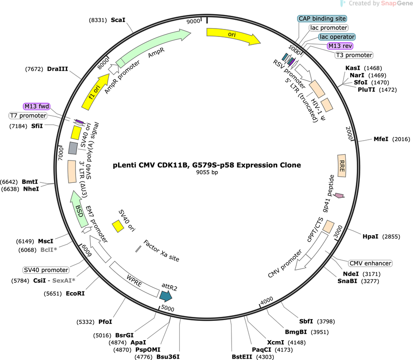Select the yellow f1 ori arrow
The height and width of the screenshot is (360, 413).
click(x=96, y=91)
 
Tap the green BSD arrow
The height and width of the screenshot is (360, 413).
click(x=79, y=210)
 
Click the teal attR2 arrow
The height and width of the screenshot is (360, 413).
click(x=166, y=296)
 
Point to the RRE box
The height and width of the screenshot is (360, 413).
click(x=342, y=166)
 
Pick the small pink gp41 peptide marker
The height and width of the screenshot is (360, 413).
click(x=339, y=196)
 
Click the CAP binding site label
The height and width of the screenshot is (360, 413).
click(x=322, y=18)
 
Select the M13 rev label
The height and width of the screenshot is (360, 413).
click(x=340, y=46)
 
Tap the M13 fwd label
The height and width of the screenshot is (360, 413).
click(x=36, y=106)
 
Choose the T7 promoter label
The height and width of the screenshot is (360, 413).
click(x=28, y=116)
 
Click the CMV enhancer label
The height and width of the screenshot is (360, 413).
click(x=370, y=263)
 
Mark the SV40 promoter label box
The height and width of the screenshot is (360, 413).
click(x=46, y=270)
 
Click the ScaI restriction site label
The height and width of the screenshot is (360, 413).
click(x=118, y=20)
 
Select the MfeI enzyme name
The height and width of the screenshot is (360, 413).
click(x=381, y=139)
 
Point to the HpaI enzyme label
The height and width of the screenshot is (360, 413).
click(x=370, y=236)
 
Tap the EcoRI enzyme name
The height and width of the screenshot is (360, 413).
click(x=75, y=293)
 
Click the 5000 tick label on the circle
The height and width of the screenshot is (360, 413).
click(x=167, y=308)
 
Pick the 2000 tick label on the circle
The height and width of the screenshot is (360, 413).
click(x=349, y=133)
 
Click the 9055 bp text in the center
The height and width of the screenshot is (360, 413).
click(x=207, y=172)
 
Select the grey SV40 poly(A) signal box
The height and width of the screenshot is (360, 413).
click(x=73, y=148)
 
